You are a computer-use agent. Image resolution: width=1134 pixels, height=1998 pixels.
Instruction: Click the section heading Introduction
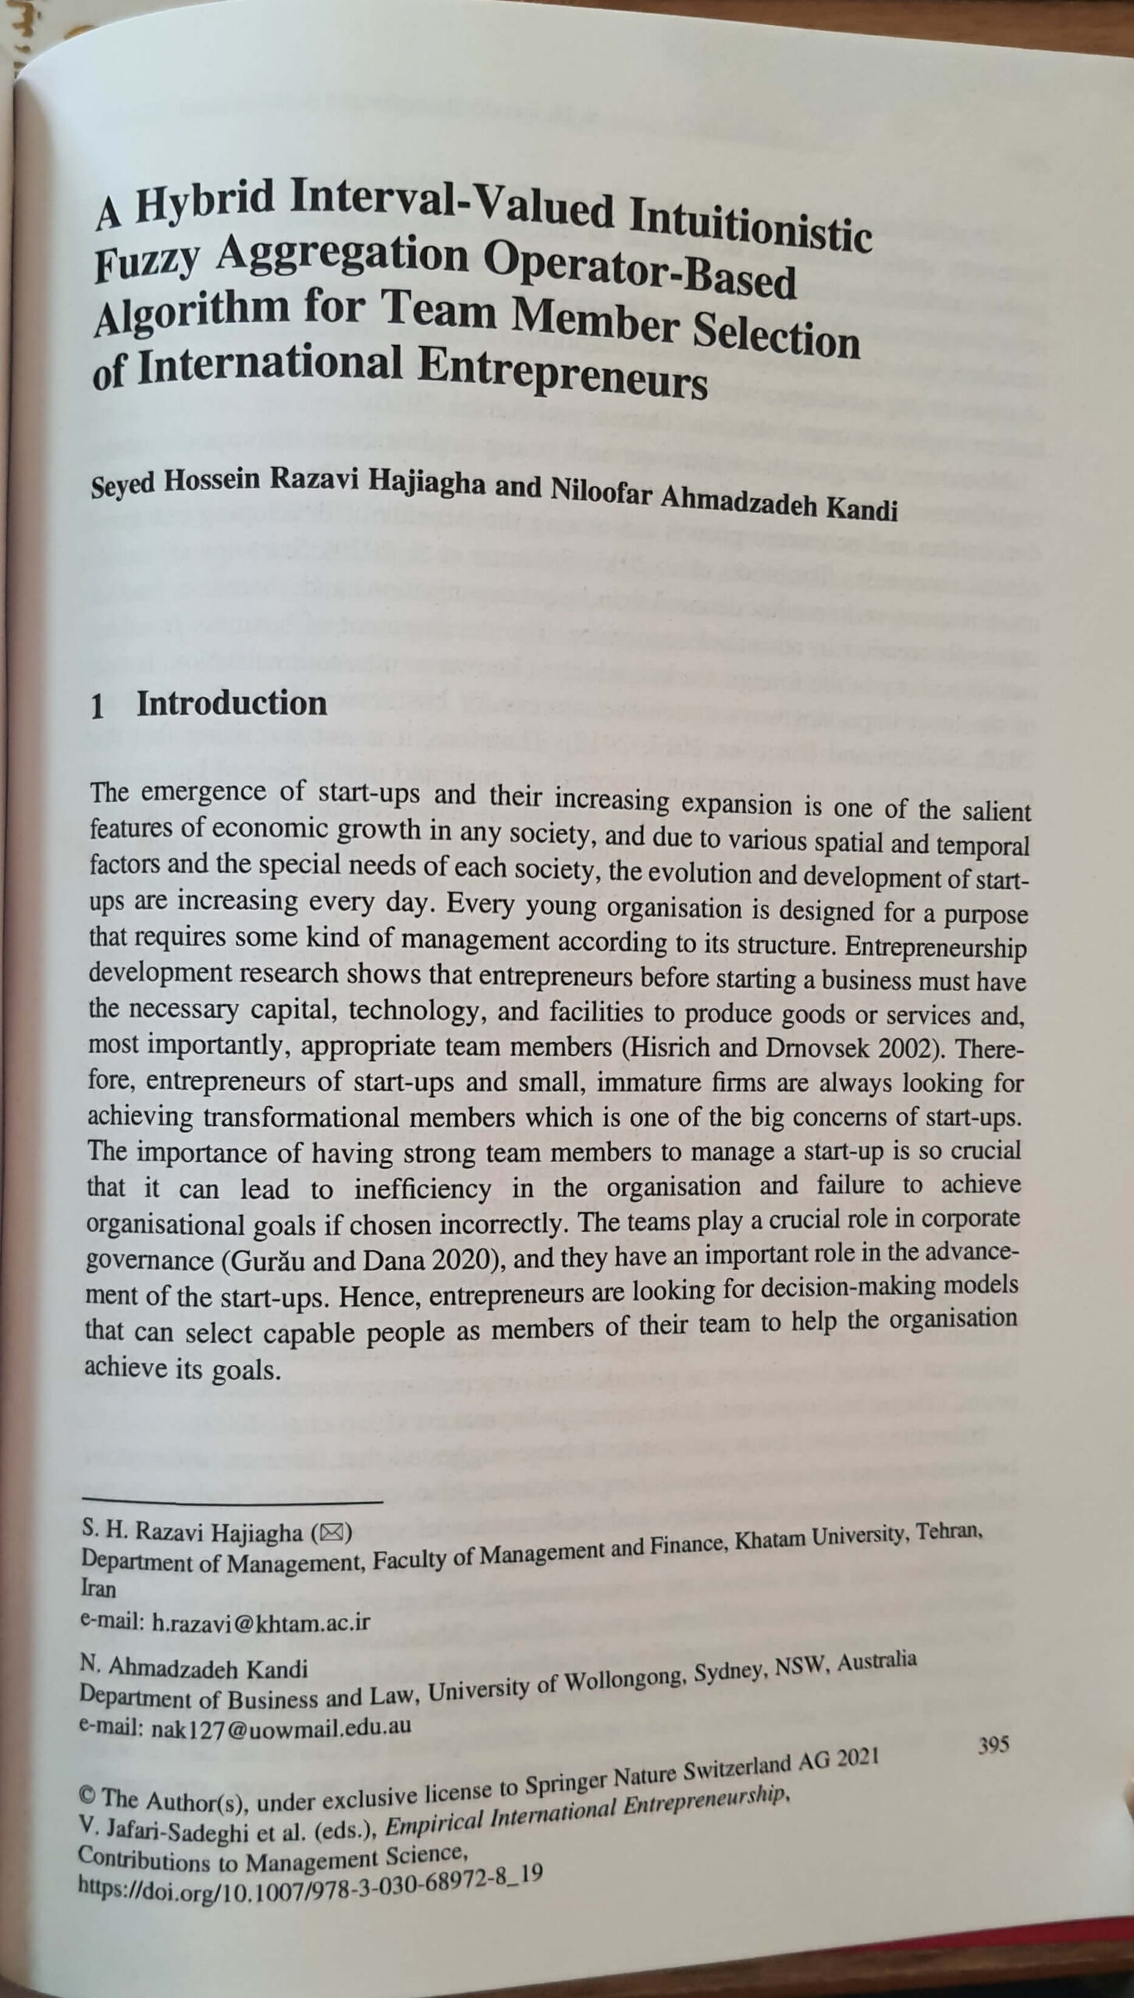coord(232,704)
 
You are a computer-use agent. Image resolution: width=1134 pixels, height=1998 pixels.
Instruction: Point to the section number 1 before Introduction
coord(98,706)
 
